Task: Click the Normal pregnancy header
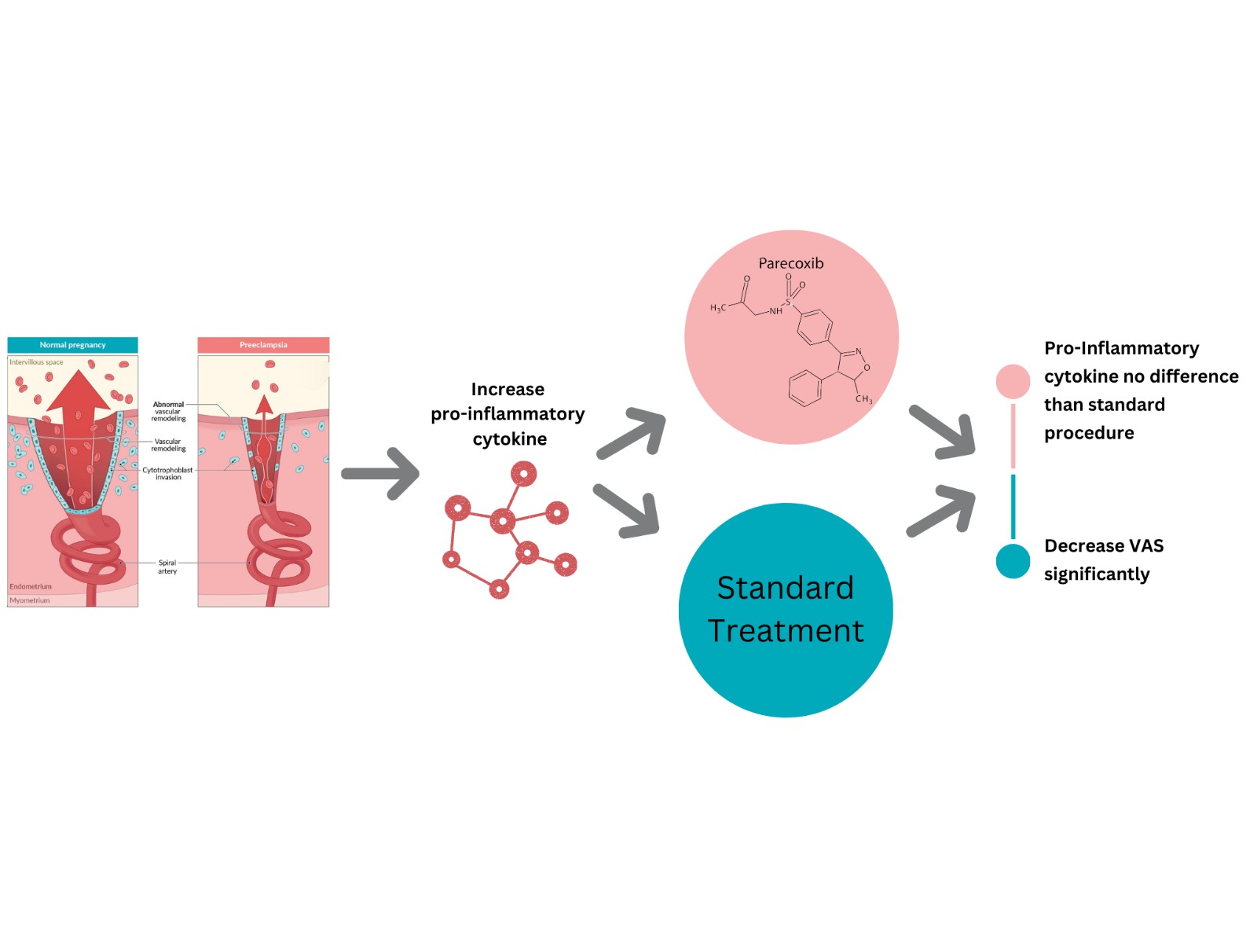tap(72, 345)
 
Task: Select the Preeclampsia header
tap(263, 345)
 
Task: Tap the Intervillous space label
tap(36, 362)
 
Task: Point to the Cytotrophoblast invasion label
tap(167, 473)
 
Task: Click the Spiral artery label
tap(167, 567)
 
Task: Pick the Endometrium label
tap(31, 586)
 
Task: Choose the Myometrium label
tap(30, 600)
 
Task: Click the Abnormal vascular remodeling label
tap(168, 411)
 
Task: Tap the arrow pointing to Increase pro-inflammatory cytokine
tap(381, 473)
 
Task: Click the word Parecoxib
tap(790, 263)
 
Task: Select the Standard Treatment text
tap(786, 609)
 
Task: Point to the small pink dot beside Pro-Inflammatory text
tap(1013, 381)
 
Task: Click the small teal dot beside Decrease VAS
tap(1013, 561)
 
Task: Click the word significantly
tap(1096, 574)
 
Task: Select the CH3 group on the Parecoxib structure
tap(863, 399)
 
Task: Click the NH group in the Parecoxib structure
tap(775, 311)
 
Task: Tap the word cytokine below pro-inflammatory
tap(509, 438)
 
